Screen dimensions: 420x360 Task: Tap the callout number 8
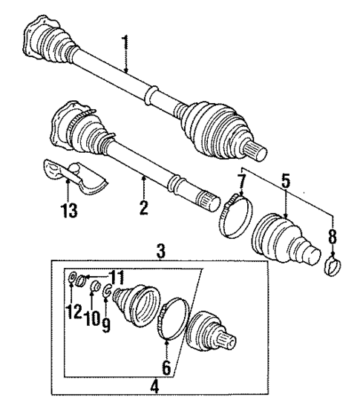click(331, 239)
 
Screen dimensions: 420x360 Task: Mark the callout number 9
click(105, 324)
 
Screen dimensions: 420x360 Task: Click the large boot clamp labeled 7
click(232, 215)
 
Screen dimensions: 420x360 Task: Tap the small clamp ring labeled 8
click(333, 263)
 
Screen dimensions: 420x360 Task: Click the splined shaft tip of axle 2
click(205, 199)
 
